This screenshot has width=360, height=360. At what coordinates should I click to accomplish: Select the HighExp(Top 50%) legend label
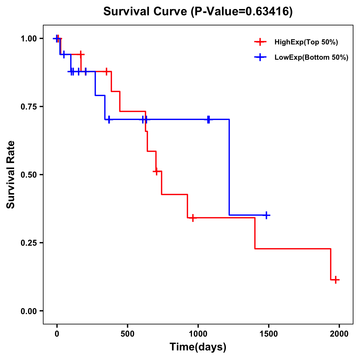(306, 42)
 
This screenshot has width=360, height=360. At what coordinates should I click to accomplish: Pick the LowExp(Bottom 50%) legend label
(311, 58)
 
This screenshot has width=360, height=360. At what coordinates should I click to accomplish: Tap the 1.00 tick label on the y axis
(28, 39)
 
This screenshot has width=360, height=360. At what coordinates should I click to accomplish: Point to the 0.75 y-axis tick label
(28, 107)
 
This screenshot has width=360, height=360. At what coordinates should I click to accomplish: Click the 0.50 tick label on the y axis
(28, 175)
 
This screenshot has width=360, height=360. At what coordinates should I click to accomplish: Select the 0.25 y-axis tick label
(28, 243)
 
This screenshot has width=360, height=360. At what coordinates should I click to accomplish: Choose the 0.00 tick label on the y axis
(28, 311)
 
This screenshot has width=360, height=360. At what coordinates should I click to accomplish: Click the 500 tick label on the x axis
(127, 334)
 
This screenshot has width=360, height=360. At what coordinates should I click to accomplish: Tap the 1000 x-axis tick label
(198, 334)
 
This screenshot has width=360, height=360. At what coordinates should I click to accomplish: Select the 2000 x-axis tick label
(339, 334)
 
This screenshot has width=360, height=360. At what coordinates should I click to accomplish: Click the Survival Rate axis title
(11, 175)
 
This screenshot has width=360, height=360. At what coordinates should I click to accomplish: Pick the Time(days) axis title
(198, 347)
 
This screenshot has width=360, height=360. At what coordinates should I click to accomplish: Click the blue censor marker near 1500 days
(266, 215)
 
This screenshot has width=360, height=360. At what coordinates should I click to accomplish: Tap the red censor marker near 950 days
(193, 218)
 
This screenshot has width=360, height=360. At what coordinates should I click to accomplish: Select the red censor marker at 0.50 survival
(156, 171)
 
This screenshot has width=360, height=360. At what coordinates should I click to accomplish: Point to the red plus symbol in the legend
(260, 42)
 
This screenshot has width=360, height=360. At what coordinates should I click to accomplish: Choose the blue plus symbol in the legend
(260, 57)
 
